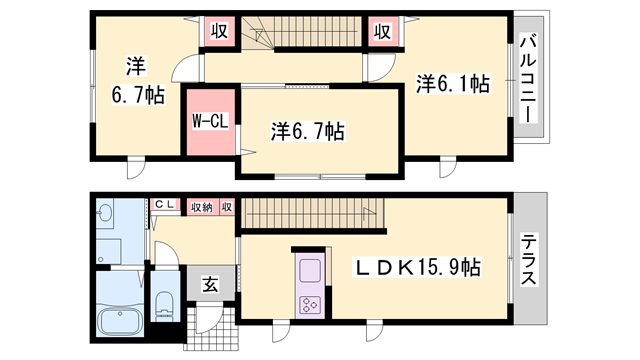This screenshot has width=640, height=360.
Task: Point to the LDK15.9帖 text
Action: point(421,268)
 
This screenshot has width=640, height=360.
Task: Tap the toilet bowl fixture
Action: point(165,306)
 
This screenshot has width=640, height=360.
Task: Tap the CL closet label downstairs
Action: point(164,207)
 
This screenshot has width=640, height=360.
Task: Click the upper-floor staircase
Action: point(301,35)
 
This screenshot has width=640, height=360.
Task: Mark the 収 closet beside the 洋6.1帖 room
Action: point(381,31)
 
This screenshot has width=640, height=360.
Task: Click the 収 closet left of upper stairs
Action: point(219,31)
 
